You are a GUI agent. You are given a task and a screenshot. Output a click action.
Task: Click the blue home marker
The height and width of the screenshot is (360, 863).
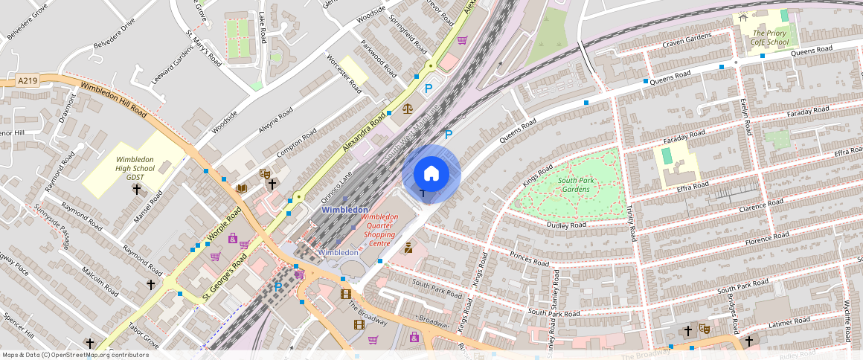tap(431, 174)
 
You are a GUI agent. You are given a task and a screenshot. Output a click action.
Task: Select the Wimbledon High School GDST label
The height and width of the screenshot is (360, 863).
tap(135, 169)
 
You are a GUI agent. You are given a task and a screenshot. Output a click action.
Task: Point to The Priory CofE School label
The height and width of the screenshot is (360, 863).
tap(770, 38)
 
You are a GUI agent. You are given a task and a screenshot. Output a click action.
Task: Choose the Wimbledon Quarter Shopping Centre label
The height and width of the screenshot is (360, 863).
tap(379, 230)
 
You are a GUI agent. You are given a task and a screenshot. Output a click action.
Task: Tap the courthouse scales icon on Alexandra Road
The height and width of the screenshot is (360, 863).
tap(407, 108)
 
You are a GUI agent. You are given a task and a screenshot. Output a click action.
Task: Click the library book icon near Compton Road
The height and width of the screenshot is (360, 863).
tap(241, 189)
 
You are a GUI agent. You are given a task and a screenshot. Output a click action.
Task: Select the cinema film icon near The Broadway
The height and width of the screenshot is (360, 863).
tap(345, 294)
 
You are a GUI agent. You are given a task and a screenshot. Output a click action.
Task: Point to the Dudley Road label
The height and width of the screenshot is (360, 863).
tap(567, 224)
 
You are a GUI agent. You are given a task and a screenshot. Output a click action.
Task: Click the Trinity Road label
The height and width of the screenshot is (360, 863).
tap(632, 223)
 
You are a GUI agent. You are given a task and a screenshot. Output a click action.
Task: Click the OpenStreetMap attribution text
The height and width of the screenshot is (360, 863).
tap(75, 355)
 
